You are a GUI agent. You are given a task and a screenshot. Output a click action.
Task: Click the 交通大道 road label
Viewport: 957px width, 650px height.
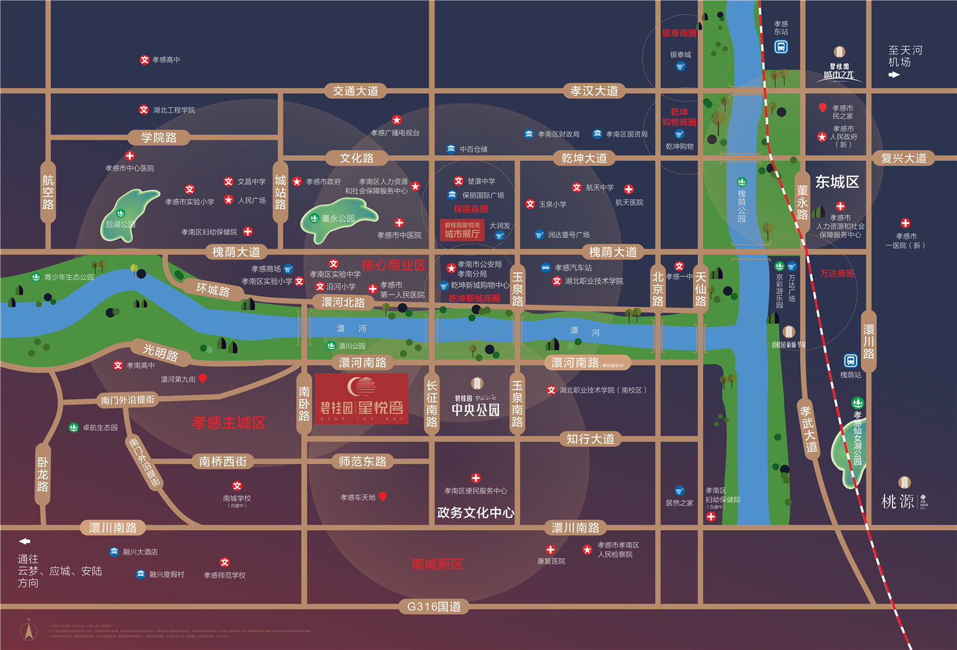(x=355, y=91)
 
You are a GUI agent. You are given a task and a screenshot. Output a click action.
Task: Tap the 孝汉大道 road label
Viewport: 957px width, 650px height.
(x=594, y=91)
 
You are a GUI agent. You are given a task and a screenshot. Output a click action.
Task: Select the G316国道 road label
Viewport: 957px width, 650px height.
(x=434, y=607)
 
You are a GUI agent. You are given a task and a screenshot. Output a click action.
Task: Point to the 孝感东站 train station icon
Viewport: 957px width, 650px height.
(x=781, y=47)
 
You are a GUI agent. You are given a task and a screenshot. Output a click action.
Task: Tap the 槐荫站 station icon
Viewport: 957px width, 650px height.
(x=850, y=361)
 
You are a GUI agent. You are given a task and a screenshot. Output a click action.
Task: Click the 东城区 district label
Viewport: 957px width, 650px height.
(x=836, y=182)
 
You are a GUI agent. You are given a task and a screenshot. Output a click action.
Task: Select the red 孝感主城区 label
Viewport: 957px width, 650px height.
(x=228, y=422)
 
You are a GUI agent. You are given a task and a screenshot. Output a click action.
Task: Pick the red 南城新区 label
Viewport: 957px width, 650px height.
(x=437, y=564)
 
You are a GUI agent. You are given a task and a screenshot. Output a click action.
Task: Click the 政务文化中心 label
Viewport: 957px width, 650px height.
(x=475, y=513)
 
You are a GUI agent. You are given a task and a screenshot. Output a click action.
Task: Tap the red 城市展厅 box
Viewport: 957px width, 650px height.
(x=462, y=230)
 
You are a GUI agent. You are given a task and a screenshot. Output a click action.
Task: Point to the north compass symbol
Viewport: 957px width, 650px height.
(x=28, y=630)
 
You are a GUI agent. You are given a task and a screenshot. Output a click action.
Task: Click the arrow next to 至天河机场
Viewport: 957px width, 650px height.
(x=894, y=75)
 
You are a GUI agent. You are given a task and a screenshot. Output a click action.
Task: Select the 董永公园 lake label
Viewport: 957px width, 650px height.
(x=338, y=218)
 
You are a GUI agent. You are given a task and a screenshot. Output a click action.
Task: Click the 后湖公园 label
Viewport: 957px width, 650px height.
(x=120, y=225)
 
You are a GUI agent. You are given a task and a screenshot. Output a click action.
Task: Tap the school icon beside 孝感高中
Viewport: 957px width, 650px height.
(x=145, y=60)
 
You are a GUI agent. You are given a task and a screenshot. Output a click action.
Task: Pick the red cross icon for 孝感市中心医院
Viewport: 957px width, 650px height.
(x=130, y=156)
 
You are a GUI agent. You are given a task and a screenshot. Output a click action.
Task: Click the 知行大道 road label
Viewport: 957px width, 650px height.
(x=590, y=439)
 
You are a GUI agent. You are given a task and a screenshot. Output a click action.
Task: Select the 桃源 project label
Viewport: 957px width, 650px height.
(x=898, y=501)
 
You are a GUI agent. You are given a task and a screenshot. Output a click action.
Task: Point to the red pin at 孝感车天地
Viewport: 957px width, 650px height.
(x=383, y=496)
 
